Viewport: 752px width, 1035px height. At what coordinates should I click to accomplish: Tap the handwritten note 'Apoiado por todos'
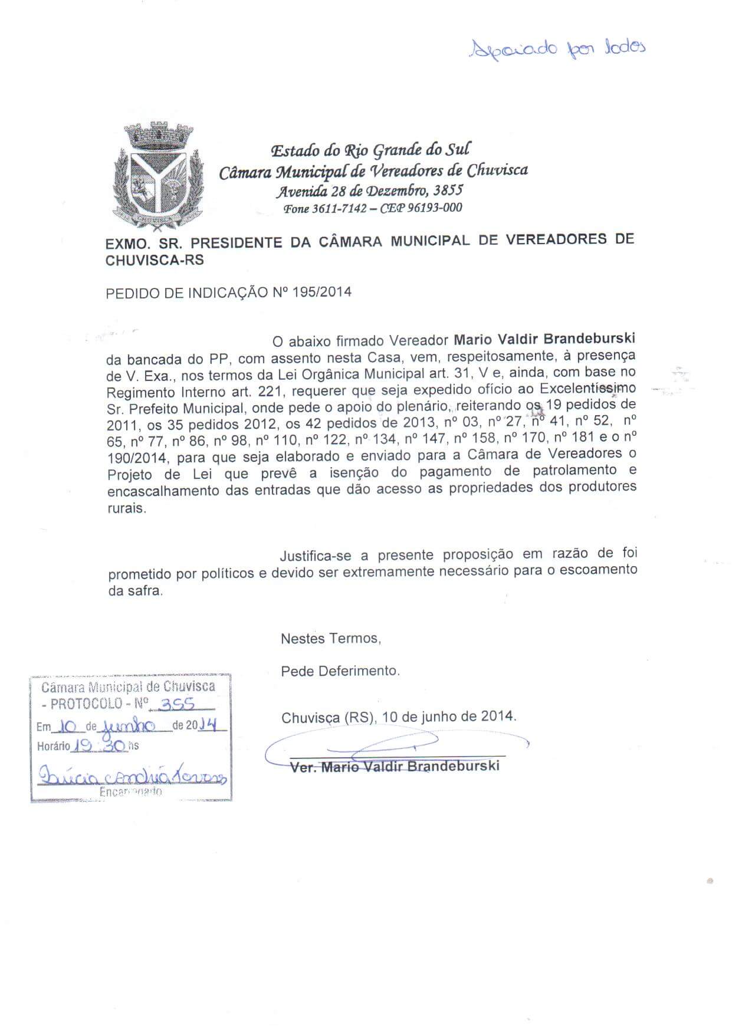[556, 48]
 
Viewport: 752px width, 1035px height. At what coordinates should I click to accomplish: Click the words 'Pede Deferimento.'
[340, 671]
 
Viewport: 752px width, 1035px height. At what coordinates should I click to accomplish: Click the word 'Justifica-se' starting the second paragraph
[316, 555]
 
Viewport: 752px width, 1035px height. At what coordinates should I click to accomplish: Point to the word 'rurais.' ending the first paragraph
[126, 508]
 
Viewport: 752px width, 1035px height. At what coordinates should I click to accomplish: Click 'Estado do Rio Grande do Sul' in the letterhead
[370, 150]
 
